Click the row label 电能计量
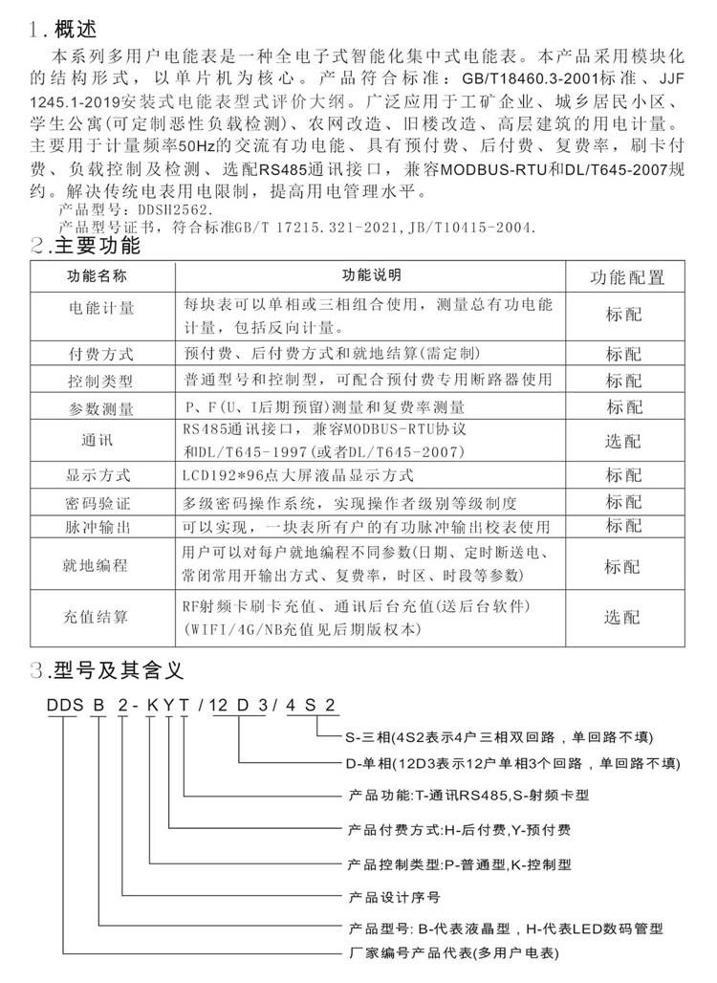(101, 310)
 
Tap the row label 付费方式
(101, 353)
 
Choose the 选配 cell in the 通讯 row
(622, 441)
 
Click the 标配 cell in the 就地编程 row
(622, 566)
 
